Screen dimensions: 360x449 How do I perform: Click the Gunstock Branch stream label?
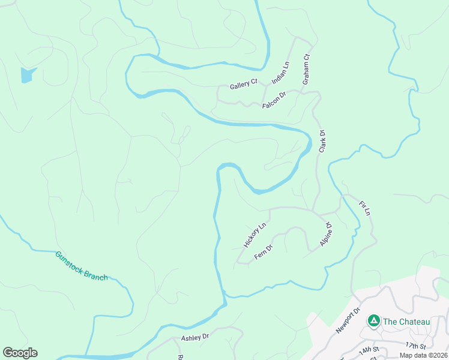(x=82, y=266)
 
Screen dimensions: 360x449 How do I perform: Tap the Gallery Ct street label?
(x=243, y=85)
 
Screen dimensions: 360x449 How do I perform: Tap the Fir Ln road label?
(x=365, y=208)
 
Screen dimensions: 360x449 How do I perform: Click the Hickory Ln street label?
(x=255, y=236)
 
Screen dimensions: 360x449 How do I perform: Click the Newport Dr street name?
(x=347, y=321)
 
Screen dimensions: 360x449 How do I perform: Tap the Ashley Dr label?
(x=194, y=338)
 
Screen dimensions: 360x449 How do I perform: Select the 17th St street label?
(x=415, y=346)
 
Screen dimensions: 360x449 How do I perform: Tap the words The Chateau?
(x=406, y=322)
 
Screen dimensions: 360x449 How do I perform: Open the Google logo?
(x=20, y=353)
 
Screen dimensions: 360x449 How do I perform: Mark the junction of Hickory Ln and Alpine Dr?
(x=313, y=211)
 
